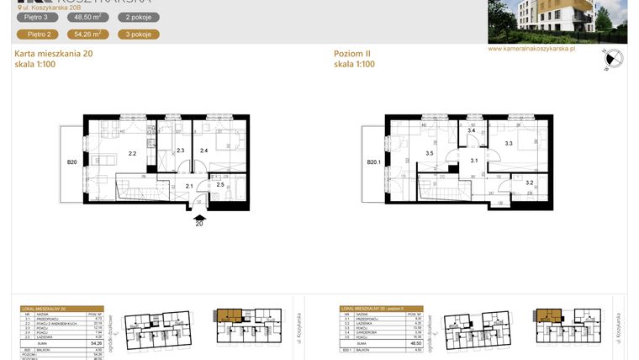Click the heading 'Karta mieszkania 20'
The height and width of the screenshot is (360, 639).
click(53, 54)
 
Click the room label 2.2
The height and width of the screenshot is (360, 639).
click(132, 154)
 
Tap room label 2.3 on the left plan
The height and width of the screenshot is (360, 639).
click(180, 151)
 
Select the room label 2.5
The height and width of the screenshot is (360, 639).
click(220, 184)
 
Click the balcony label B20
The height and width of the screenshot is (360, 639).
click(72, 161)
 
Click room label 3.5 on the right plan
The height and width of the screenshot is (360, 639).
click(430, 154)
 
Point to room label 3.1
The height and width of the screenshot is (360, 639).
click(473, 161)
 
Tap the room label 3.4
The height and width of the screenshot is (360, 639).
click(472, 131)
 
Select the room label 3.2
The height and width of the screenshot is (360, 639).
click(529, 183)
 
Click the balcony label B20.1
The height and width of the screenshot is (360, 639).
click(374, 163)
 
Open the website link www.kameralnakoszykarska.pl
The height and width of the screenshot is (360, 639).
click(531, 49)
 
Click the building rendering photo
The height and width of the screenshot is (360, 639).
click(557, 21)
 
